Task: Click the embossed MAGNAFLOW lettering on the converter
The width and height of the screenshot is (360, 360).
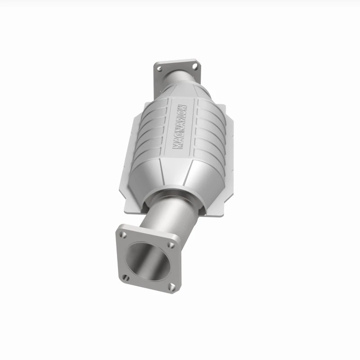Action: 180,127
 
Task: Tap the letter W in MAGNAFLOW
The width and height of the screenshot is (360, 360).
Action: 184,108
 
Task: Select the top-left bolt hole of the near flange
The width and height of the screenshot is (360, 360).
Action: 123,234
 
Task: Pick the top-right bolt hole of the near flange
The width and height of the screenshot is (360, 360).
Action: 171,245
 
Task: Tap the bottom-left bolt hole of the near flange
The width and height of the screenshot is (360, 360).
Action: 126,277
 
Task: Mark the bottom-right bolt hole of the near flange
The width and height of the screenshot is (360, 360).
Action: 172,286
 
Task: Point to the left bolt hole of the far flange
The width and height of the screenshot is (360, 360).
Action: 159,68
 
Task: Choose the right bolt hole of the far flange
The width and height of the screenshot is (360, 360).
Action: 195,67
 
